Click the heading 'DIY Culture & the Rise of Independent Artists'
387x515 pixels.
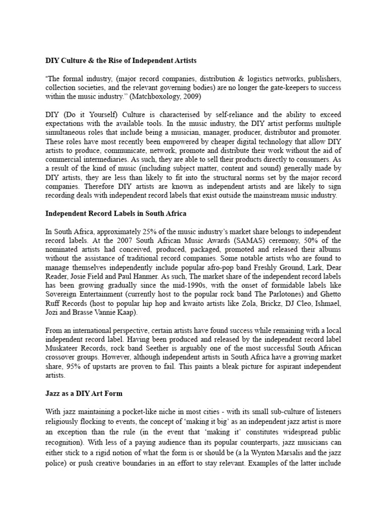click(121, 60)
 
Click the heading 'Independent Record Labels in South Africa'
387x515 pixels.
click(116, 213)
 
